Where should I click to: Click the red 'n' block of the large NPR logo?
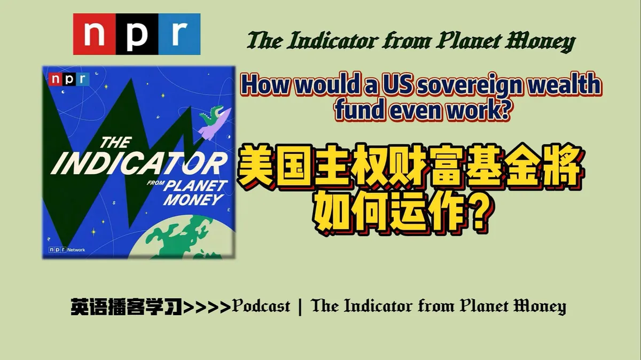(95, 34)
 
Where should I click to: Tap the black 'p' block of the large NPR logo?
(137, 34)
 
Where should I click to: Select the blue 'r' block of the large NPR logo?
(179, 34)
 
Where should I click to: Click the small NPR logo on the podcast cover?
(69, 79)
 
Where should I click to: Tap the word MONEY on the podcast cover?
(193, 200)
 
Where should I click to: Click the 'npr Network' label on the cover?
(67, 250)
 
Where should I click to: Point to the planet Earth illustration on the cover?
(186, 238)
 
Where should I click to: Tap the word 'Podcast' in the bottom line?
(261, 306)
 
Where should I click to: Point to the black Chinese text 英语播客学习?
(127, 307)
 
